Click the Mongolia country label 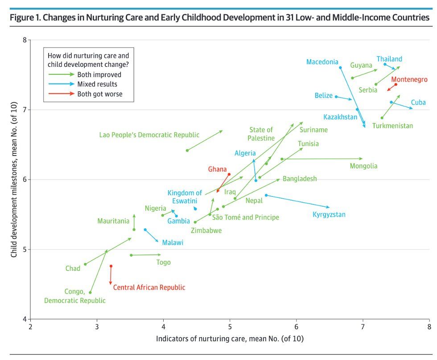363,166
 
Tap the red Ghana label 218,169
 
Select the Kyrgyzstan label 329,215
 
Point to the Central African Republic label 149,288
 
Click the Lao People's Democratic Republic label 149,135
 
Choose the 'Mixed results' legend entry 98,84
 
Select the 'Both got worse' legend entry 99,94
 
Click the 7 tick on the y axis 25,110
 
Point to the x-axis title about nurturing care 230,339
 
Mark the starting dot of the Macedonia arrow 340,68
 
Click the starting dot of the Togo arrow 131,255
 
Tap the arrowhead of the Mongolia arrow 362,159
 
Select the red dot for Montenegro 396,85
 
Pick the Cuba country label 418,102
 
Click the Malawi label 173,243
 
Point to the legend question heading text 88,60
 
